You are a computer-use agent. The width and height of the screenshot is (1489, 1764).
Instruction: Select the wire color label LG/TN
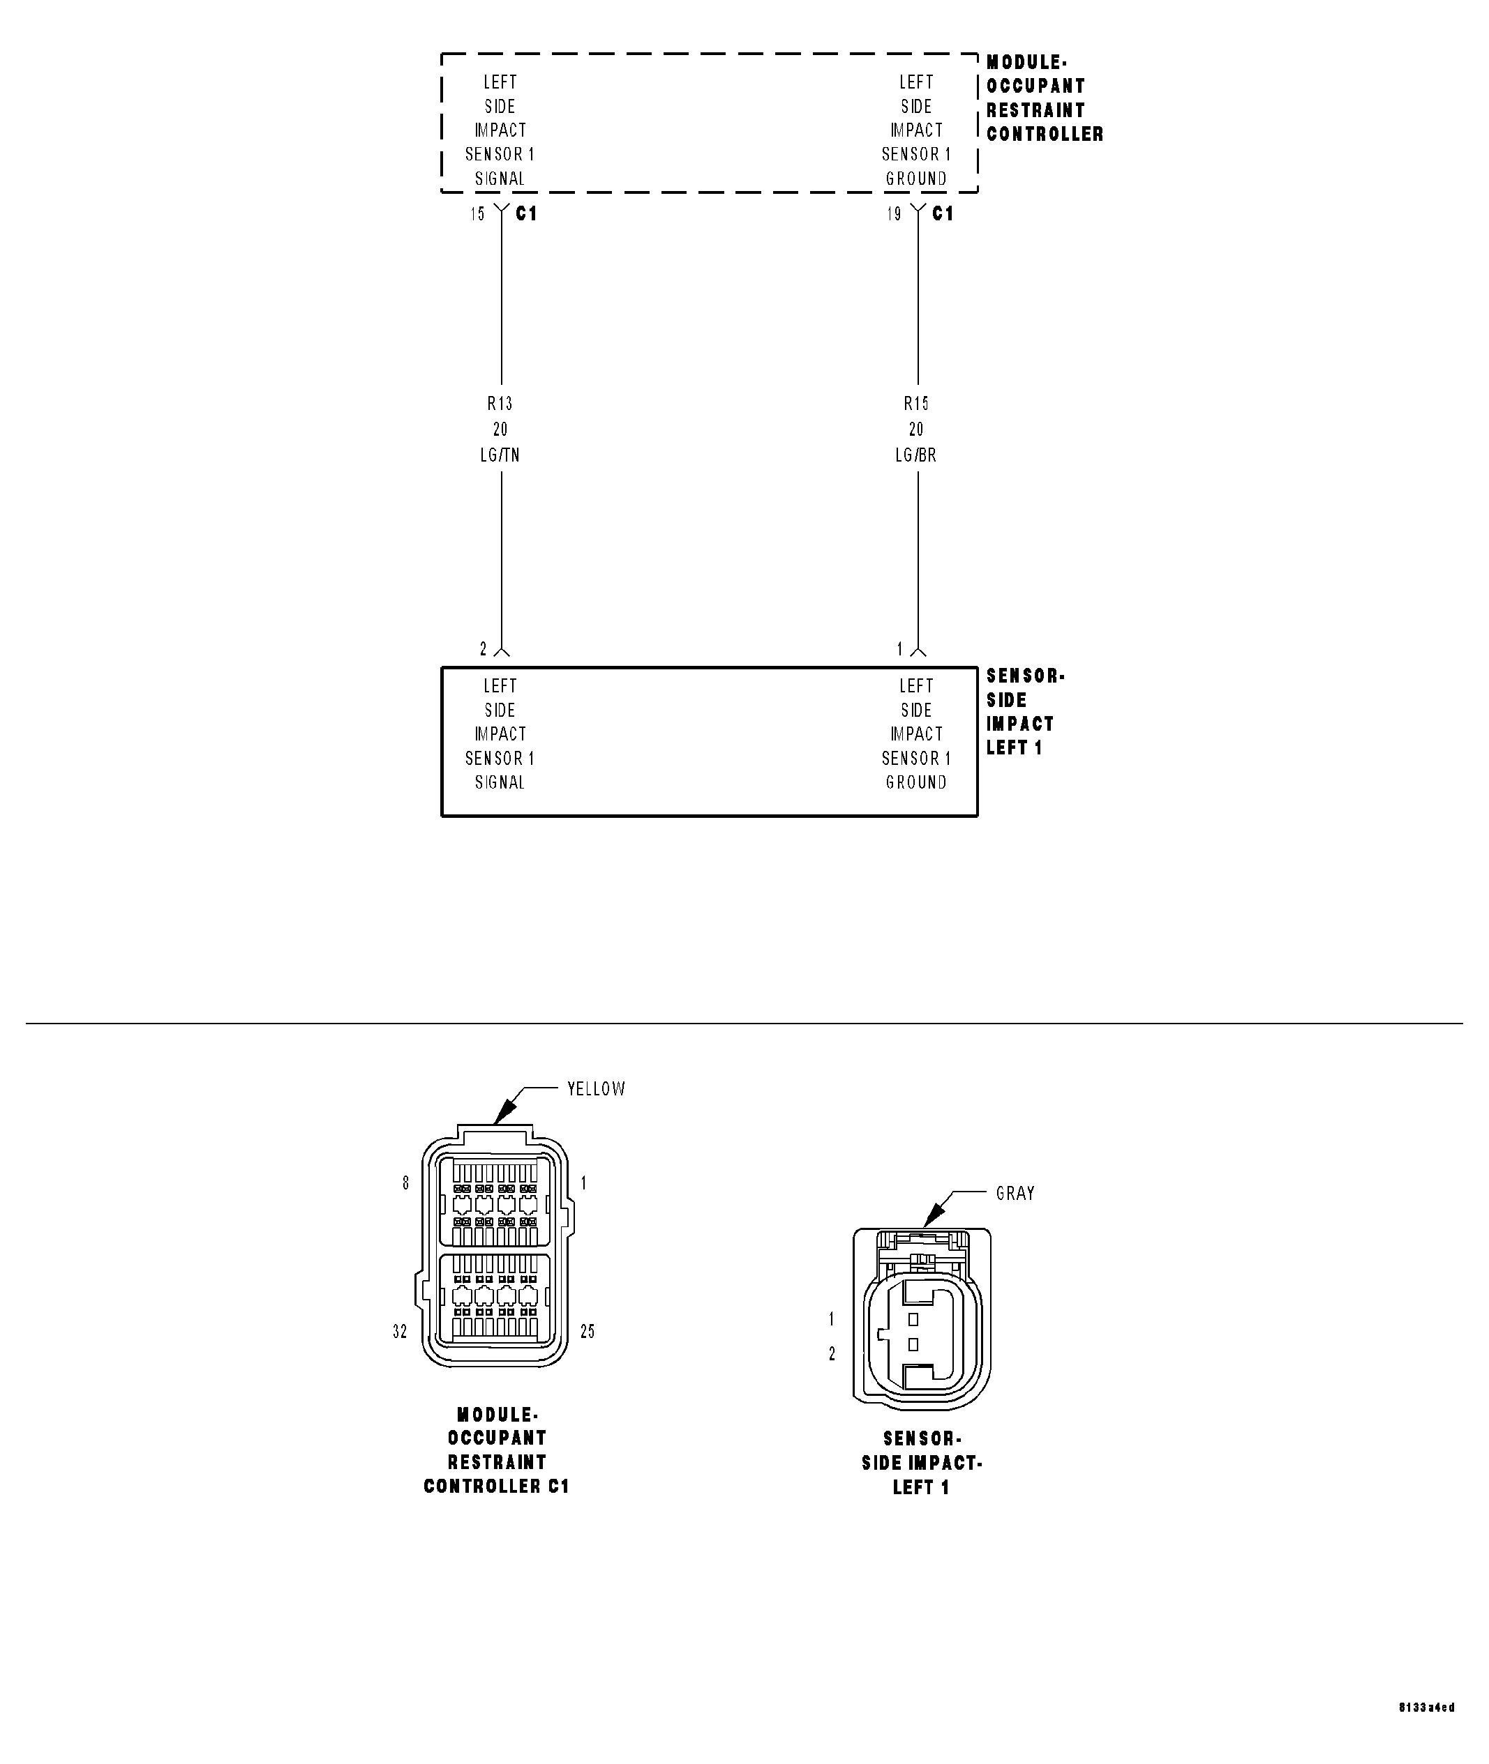tap(500, 455)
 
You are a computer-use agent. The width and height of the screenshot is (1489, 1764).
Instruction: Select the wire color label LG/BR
tap(916, 455)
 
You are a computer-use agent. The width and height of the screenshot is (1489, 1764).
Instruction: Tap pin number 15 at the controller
tap(478, 214)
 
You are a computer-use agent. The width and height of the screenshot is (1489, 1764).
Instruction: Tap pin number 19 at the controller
tap(894, 214)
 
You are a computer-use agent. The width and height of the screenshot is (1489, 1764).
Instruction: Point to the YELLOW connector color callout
tap(596, 1089)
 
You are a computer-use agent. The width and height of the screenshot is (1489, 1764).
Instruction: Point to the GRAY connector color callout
tap(1015, 1194)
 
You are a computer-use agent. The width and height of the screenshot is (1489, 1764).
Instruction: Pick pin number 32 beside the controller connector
tap(400, 1331)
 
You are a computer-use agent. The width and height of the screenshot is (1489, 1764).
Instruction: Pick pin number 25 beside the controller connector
tap(588, 1331)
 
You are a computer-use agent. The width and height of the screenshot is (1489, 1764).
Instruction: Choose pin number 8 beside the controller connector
tap(406, 1184)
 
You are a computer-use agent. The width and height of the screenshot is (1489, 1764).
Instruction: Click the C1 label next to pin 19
tap(943, 214)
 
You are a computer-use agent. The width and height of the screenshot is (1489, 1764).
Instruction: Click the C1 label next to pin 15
tap(527, 214)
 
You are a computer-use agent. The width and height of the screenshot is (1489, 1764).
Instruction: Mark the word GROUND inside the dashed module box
tap(916, 179)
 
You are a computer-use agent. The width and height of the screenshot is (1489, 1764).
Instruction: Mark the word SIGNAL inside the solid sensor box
tap(500, 783)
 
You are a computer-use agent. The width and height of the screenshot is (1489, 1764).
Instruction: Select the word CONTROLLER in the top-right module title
tap(1045, 134)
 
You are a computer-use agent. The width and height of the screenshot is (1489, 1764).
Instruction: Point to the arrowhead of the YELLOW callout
tap(500, 1118)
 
